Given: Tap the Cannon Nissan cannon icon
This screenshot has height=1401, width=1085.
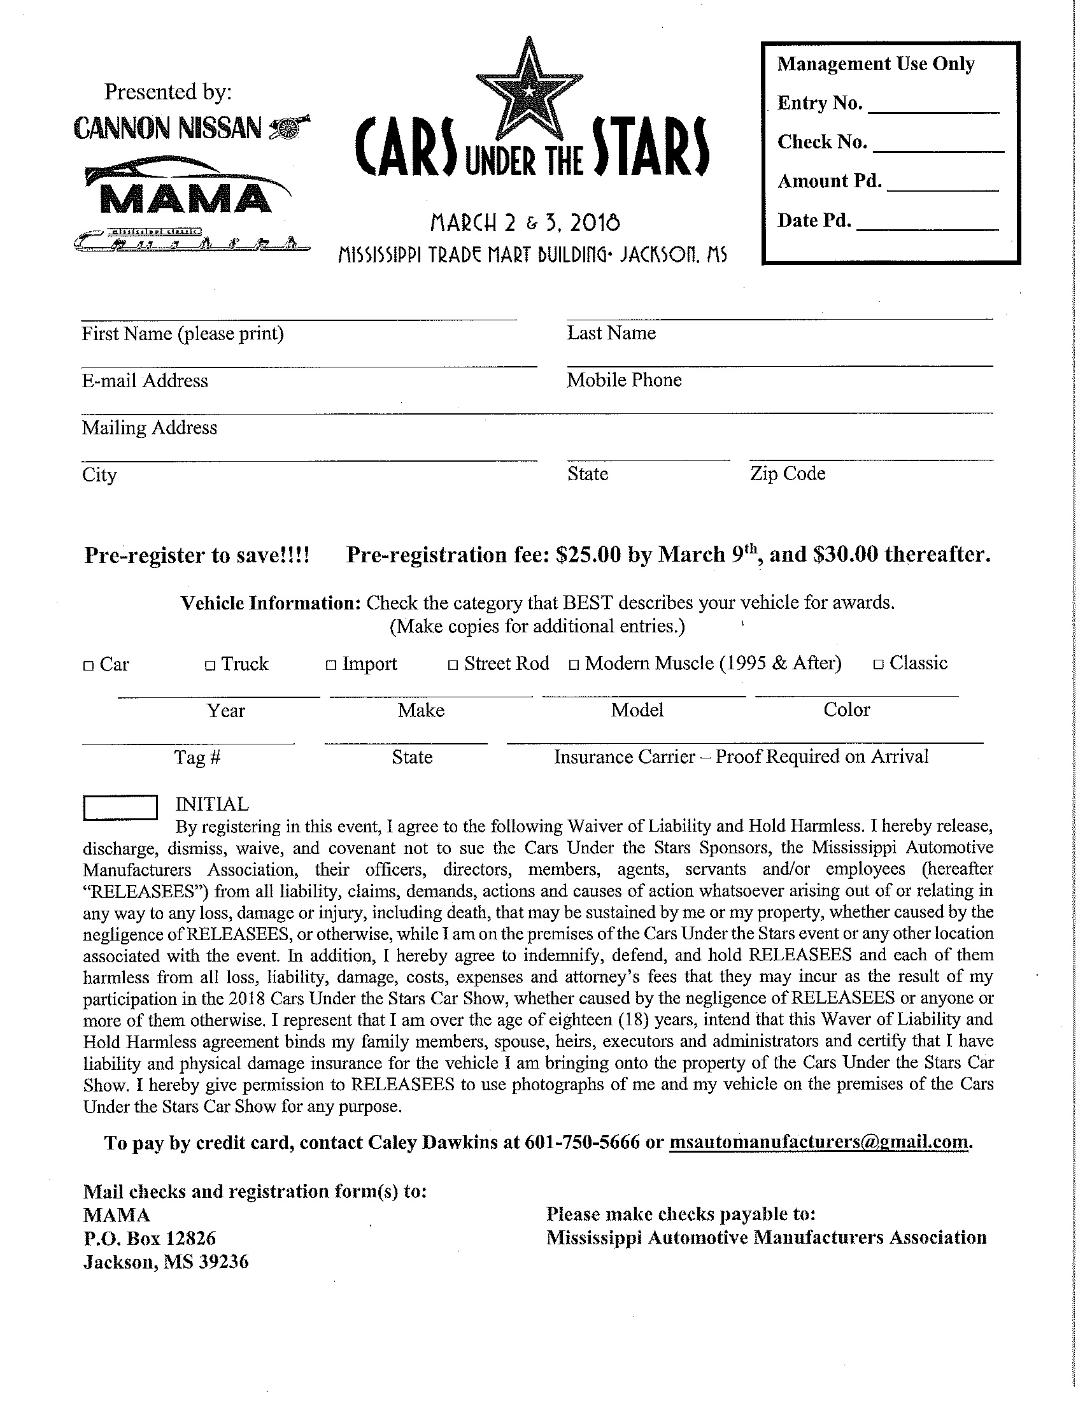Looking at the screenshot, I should click(x=290, y=127).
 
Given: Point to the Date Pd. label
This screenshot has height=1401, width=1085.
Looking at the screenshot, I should click(x=814, y=221).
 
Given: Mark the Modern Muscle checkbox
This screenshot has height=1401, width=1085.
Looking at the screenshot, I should click(x=574, y=665).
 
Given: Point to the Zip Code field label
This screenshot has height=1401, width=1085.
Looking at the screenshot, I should click(x=788, y=474).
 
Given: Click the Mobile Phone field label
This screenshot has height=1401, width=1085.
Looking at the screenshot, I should click(x=624, y=380).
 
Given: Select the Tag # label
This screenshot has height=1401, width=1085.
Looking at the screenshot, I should click(x=197, y=758).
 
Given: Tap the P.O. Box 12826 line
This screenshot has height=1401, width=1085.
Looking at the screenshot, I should click(x=150, y=1238).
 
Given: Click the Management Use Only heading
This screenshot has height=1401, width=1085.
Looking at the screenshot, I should click(x=876, y=64).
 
